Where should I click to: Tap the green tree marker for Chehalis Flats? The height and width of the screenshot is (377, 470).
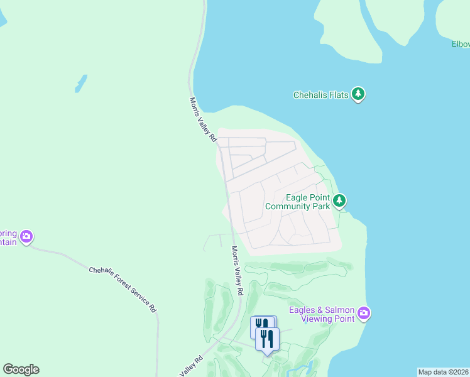tap(358, 94)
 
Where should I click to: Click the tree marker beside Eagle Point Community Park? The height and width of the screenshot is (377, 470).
tap(339, 200)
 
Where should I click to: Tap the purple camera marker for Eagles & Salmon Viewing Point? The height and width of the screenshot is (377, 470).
tap(364, 313)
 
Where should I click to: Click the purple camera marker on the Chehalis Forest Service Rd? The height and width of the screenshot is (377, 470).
tap(26, 236)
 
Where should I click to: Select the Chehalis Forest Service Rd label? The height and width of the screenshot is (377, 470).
tap(123, 288)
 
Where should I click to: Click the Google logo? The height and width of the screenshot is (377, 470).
tap(21, 369)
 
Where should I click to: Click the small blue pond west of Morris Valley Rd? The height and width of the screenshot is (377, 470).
tap(81, 84)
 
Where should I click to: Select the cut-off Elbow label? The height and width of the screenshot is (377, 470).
tap(461, 44)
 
